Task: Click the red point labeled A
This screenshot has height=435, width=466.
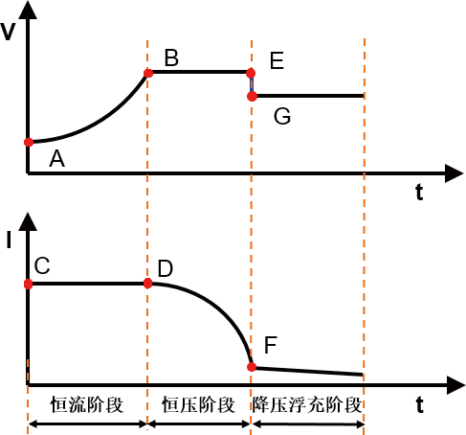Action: click(x=29, y=142)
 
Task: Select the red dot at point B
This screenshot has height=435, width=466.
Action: click(x=148, y=74)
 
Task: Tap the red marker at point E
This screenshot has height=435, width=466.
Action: click(x=251, y=73)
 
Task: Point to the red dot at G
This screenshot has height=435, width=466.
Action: click(x=252, y=96)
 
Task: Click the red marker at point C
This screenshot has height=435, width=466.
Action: click(x=29, y=284)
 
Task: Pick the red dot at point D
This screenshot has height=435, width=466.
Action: click(x=147, y=284)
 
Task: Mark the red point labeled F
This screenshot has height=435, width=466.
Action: click(x=252, y=367)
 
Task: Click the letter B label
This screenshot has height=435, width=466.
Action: click(x=171, y=57)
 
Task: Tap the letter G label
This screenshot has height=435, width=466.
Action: click(x=282, y=116)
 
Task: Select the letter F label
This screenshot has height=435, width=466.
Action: click(x=271, y=345)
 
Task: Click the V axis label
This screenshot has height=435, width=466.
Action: click(x=8, y=32)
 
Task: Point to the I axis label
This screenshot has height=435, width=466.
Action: click(x=9, y=240)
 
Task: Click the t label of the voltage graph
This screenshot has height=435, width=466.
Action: click(x=419, y=193)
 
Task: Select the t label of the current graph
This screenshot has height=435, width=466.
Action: click(x=420, y=405)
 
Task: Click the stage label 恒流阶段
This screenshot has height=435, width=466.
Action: click(x=87, y=404)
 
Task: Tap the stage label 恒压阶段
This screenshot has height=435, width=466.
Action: click(x=198, y=404)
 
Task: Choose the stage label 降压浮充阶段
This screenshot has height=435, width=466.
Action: click(x=307, y=404)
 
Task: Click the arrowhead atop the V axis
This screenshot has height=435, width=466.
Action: click(x=28, y=11)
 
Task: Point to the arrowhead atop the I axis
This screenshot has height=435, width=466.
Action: click(x=28, y=221)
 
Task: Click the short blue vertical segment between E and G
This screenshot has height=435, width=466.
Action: click(x=252, y=84)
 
